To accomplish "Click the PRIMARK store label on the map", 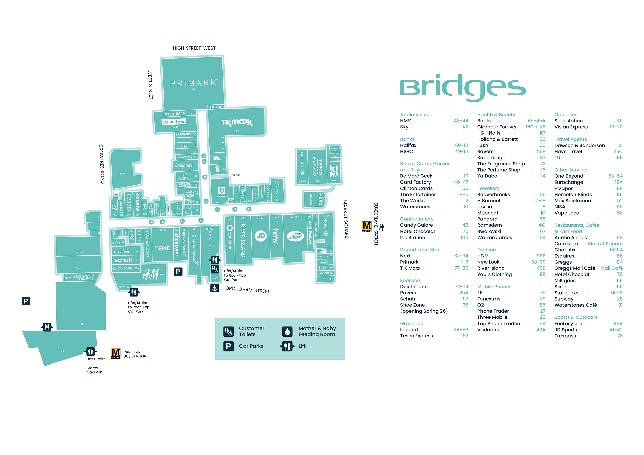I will (193, 83).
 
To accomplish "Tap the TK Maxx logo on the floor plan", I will (237, 122).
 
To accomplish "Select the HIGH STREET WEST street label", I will (194, 48).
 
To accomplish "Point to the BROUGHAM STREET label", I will (248, 290).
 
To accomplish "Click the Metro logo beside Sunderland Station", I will (366, 227).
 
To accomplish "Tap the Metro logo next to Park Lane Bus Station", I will (115, 353).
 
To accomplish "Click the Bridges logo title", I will (462, 87).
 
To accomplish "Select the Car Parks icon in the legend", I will (228, 346).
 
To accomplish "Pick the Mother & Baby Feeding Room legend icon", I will (287, 331).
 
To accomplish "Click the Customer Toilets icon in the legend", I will (228, 331).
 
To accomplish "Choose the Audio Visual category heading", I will (415, 114).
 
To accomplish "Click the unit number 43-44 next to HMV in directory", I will (461, 121).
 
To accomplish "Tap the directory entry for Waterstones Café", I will (576, 305).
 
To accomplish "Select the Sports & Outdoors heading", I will (576, 317).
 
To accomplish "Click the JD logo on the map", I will (261, 236).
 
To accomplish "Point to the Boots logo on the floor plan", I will (296, 236).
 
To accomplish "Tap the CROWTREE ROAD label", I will (102, 164).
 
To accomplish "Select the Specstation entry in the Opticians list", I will (568, 121).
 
